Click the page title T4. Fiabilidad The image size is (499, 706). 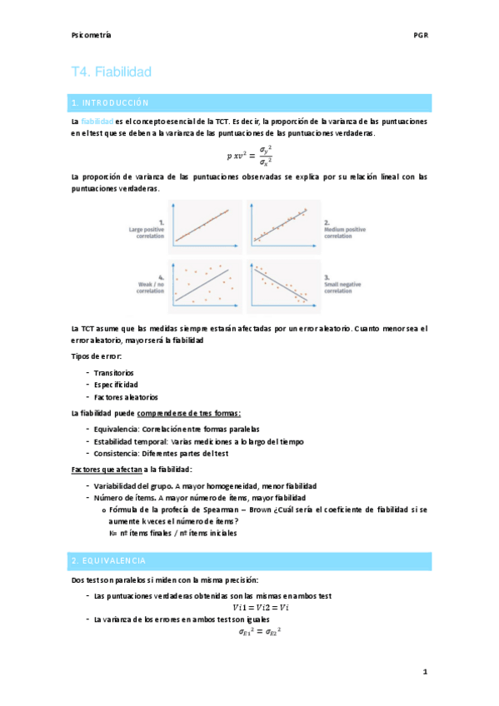[x=111, y=72]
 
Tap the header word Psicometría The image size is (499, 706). [x=92, y=36]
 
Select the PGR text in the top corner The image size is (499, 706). [x=420, y=36]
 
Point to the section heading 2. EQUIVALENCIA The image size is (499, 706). [x=109, y=560]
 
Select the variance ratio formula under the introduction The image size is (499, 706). [x=249, y=155]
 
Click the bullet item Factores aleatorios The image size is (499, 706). [x=126, y=397]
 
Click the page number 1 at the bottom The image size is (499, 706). [x=424, y=671]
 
